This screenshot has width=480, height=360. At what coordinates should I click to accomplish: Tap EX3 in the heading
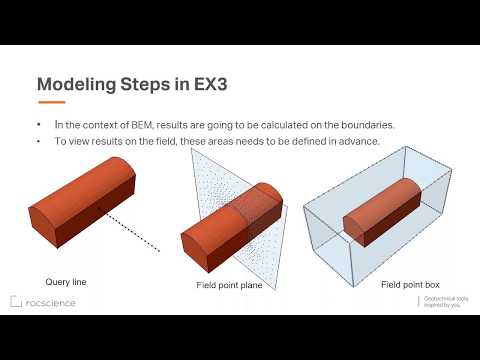point(209,84)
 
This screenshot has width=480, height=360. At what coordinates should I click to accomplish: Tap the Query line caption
point(66,282)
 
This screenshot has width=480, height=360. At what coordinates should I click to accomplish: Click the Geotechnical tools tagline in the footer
point(444,302)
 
